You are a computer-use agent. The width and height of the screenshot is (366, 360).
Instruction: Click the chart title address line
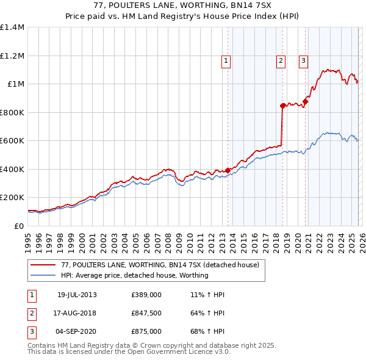pos(183,6)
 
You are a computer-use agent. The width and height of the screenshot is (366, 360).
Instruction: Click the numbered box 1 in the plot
pos(226,60)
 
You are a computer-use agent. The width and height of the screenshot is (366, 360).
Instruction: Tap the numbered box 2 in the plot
pos(281,60)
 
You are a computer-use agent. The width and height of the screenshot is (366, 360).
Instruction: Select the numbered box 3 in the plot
pos(303,60)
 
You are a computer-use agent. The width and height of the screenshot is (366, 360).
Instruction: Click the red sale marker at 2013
pos(228,170)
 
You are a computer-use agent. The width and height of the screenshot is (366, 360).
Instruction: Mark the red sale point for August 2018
pos(282,106)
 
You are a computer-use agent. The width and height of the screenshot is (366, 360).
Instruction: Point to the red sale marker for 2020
pos(305,102)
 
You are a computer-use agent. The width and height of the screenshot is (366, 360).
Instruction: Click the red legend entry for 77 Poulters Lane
pos(160,265)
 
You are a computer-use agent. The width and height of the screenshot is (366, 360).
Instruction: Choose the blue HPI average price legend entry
pos(135,275)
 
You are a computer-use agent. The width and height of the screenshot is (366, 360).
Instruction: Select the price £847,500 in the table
pos(146,314)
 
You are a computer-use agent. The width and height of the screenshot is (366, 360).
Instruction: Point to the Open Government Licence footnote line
pos(129,351)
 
